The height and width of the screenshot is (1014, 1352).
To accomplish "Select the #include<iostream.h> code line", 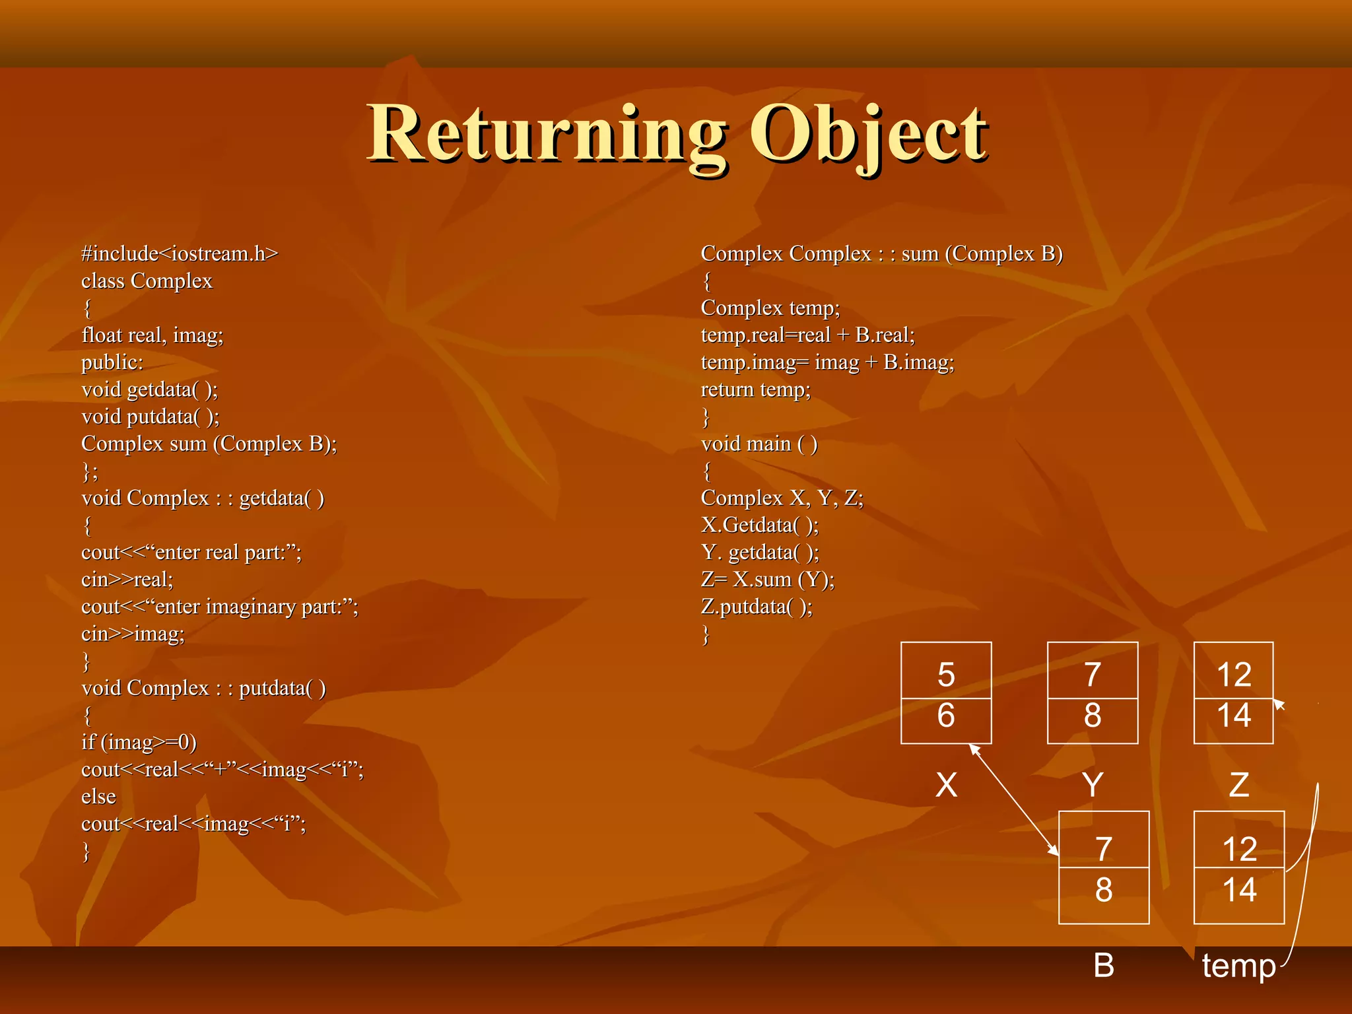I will (x=180, y=253).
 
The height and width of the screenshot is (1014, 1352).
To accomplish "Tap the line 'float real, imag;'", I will (x=152, y=335).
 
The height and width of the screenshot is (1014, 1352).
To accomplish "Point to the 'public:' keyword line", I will (x=112, y=362).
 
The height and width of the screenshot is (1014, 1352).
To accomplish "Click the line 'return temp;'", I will (x=755, y=389).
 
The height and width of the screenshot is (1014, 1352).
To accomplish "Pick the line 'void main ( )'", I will (x=759, y=444).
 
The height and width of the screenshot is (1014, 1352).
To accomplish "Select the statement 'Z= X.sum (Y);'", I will (x=767, y=580).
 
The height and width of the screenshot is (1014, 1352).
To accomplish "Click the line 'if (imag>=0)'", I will (x=139, y=742).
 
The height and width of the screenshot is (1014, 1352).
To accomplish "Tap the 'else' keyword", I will (x=98, y=797).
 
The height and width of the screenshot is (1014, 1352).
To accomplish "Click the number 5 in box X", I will (x=946, y=675).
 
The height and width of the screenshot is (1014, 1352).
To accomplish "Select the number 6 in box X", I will (x=946, y=716).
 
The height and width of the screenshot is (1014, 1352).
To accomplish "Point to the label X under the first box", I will (x=946, y=785).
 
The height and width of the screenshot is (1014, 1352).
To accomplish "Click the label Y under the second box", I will (x=1093, y=785).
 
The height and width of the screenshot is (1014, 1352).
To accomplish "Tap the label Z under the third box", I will (x=1238, y=785).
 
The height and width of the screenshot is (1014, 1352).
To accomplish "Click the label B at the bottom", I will (x=1104, y=965).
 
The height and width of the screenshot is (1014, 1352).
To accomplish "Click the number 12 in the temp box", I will (x=1239, y=849).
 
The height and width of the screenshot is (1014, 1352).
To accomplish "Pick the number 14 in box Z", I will (x=1233, y=716).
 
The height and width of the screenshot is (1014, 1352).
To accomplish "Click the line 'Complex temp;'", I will (x=770, y=308).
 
